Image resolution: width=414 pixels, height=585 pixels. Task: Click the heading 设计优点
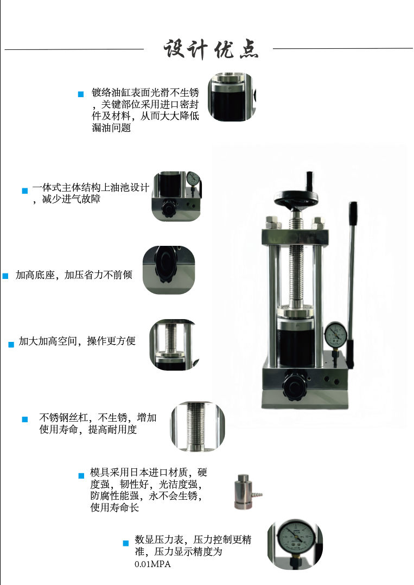tap(211, 49)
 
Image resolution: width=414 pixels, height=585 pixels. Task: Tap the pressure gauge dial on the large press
tap(335, 334)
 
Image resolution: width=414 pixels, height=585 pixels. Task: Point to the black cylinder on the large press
tap(296, 339)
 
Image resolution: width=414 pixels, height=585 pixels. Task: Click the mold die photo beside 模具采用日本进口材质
tap(247, 492)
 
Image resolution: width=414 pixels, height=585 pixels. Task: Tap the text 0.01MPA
tap(152, 564)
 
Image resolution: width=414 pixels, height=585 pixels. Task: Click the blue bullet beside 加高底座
tap(5, 276)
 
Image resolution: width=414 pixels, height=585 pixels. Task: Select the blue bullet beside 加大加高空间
tap(11, 345)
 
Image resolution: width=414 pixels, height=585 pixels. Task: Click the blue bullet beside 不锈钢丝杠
tap(25, 419)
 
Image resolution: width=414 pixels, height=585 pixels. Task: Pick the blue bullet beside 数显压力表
tap(126, 543)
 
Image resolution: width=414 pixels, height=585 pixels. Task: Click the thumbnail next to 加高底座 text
tap(169, 270)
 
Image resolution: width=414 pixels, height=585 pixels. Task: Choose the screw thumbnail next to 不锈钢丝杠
tap(198, 427)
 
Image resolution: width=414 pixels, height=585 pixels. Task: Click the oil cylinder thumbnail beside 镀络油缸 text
tap(232, 97)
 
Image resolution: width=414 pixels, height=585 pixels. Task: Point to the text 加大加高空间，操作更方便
tap(77, 341)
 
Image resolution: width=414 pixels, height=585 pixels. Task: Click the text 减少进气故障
tap(71, 199)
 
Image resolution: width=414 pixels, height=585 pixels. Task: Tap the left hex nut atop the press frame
tap(272, 223)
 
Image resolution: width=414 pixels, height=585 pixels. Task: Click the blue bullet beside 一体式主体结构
tap(25, 190)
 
